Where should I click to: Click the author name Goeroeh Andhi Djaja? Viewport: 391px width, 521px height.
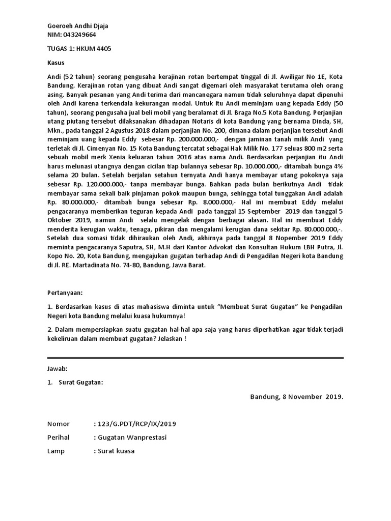coord(77,26)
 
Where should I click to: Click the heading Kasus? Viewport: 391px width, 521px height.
coord(55,63)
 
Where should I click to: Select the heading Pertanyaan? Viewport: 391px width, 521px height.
coord(64,294)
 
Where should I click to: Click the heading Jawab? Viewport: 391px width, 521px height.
coord(57,368)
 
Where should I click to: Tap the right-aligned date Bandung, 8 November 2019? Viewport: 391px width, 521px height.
coord(297,397)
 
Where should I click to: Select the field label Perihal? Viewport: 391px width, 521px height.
coord(58,438)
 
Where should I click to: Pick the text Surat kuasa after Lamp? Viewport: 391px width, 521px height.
coord(117,451)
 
